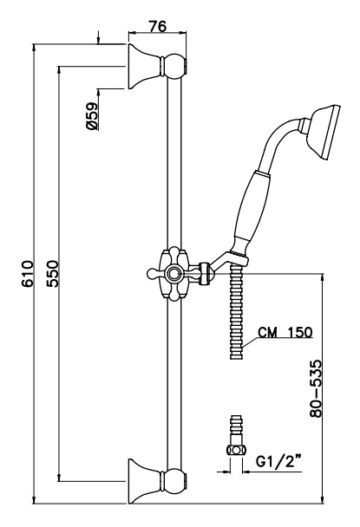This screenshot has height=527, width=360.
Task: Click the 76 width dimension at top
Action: click(x=157, y=26)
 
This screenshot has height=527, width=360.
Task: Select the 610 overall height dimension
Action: click(x=28, y=273)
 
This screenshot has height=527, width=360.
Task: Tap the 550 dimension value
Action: click(x=53, y=273)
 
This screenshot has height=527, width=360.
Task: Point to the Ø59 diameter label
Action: click(x=92, y=116)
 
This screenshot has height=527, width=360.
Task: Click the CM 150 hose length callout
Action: click(x=285, y=332)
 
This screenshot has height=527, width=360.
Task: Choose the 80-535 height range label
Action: click(x=316, y=389)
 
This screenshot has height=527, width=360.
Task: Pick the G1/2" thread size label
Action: click(x=278, y=462)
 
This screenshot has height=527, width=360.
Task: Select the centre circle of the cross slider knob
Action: click(x=173, y=274)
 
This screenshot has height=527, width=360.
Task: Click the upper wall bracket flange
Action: click(x=143, y=66)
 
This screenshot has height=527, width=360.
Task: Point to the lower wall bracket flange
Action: click(x=143, y=481)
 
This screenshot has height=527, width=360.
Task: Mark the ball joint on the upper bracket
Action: click(x=174, y=66)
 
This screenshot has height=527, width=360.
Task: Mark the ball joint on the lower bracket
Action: click(x=174, y=481)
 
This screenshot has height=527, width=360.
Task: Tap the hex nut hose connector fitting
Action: click(x=236, y=450)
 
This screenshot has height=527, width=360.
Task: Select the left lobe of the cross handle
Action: click(x=154, y=274)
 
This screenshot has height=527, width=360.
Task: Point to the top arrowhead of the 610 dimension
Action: click(x=34, y=48)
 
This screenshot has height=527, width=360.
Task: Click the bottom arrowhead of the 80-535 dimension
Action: click(x=323, y=500)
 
